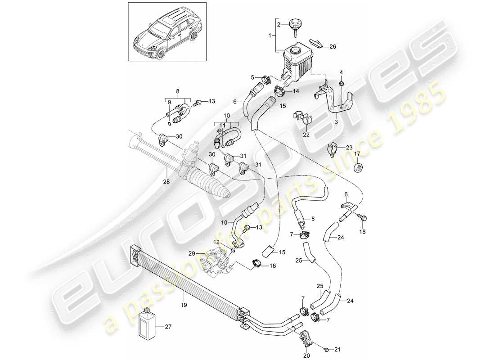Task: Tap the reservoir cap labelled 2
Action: pyautogui.click(x=295, y=24)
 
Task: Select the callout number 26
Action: pyautogui.click(x=333, y=46)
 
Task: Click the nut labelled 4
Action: pyautogui.click(x=341, y=83)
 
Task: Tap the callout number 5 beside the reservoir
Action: pyautogui.click(x=252, y=76)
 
